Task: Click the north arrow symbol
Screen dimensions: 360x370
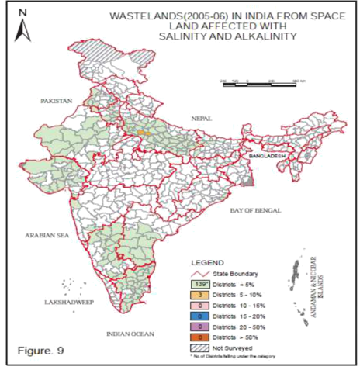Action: [24, 28]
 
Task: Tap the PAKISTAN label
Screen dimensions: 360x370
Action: [57, 101]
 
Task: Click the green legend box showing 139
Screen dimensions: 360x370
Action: [199, 284]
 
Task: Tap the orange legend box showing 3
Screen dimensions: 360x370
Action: [199, 295]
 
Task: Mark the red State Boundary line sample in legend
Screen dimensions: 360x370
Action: [199, 273]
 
